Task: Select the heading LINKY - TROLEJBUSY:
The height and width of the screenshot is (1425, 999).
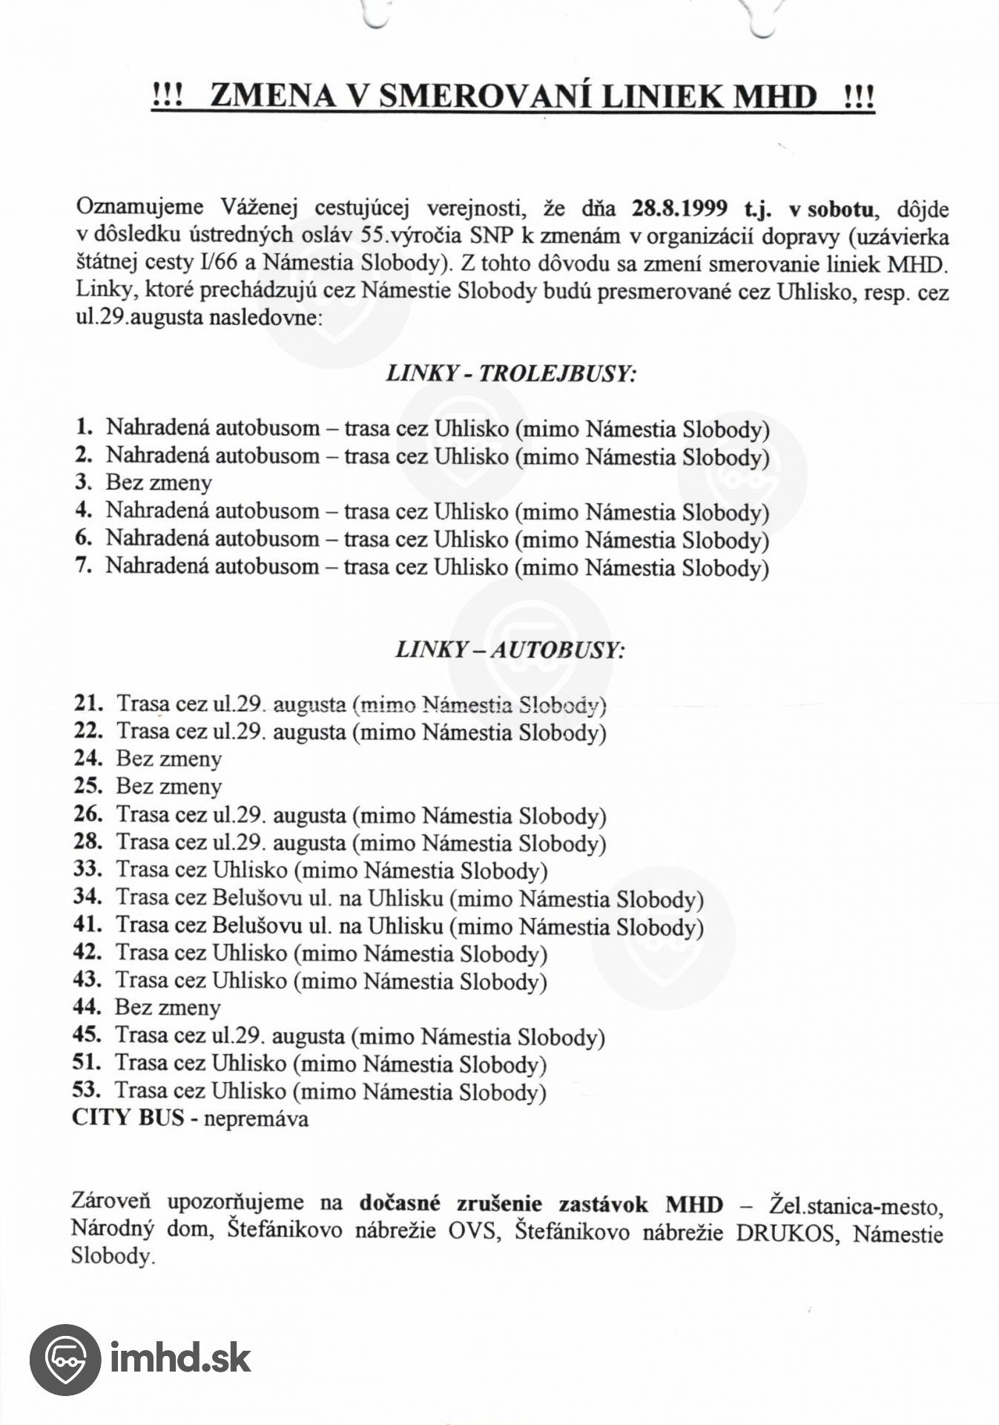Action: (x=512, y=373)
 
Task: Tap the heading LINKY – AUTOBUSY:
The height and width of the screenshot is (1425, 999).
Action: (x=510, y=650)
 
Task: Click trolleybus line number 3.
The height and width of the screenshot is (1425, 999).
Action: (x=83, y=482)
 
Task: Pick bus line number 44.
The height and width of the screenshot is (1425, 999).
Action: (x=86, y=1007)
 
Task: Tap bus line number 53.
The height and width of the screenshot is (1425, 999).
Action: (x=86, y=1090)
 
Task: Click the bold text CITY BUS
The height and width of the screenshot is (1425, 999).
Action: (x=128, y=1118)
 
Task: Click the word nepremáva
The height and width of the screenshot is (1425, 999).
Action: (x=256, y=1118)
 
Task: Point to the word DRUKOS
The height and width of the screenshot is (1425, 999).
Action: (x=784, y=1234)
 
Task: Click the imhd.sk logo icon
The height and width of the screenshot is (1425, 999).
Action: (x=65, y=1359)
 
